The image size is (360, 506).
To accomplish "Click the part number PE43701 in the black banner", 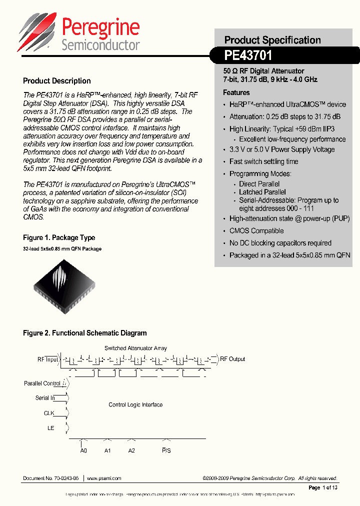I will [x=248, y=55].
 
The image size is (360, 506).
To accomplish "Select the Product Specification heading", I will [x=272, y=40].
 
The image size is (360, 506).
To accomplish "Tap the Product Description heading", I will [x=57, y=81].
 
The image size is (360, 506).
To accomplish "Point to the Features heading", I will [x=236, y=92].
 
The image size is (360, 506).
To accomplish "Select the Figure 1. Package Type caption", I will [x=59, y=237].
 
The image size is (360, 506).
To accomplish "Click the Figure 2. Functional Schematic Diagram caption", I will [x=85, y=333].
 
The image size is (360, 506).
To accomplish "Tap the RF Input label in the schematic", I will [x=47, y=359].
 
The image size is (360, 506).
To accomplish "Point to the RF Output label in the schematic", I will [x=232, y=359].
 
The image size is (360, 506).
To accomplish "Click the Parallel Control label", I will [x=42, y=383].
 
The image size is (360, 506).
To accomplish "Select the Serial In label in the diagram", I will [x=44, y=398].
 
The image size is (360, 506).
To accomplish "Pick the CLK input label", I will [x=48, y=413].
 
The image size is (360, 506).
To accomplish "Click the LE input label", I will [x=50, y=428].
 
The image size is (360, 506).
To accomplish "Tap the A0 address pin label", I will [x=83, y=450].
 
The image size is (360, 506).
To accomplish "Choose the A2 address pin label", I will [x=131, y=450].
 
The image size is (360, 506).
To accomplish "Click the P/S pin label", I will [x=166, y=450].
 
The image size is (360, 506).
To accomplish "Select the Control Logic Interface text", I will [x=135, y=405].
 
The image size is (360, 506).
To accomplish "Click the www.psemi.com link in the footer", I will [x=104, y=478].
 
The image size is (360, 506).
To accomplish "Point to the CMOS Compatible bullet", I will [x=256, y=231].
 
